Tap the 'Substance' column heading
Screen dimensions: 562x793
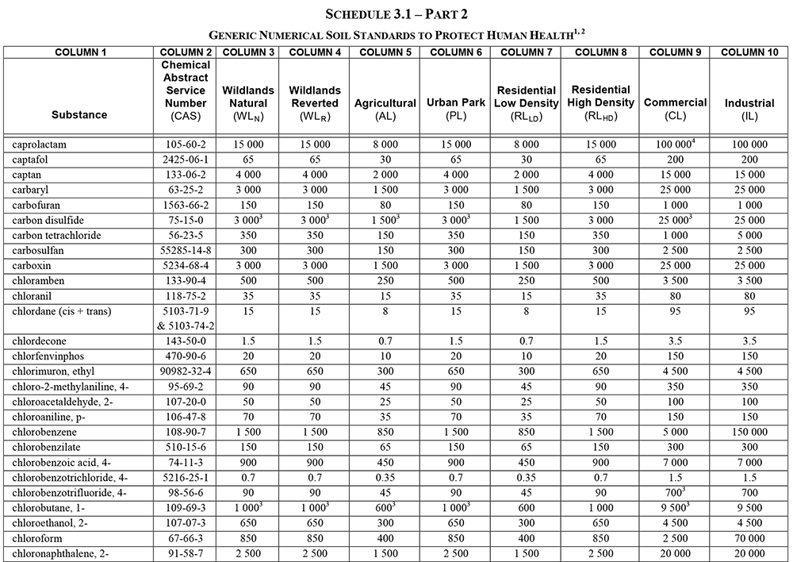[79, 114]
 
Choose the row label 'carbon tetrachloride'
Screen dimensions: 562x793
[57, 236]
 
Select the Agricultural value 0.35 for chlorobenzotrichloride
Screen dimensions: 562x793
[385, 478]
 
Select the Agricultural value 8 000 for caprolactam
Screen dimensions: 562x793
[385, 145]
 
